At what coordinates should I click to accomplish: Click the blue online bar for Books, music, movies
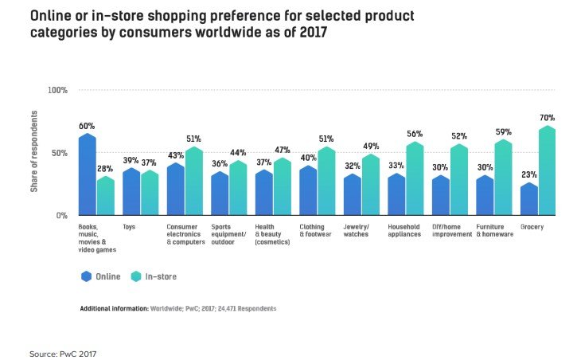(x=88, y=174)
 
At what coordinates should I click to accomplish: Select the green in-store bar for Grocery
(x=548, y=170)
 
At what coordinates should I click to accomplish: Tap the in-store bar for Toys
(x=150, y=193)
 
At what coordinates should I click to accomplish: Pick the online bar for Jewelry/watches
(x=352, y=194)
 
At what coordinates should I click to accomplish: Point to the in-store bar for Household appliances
(x=415, y=178)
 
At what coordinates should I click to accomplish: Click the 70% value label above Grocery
(x=548, y=118)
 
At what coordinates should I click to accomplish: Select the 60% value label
(x=87, y=127)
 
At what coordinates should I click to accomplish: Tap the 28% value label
(x=105, y=169)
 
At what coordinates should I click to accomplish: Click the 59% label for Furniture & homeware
(x=504, y=131)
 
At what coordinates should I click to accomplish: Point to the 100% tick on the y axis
(x=58, y=90)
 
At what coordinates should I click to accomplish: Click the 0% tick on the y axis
(x=62, y=215)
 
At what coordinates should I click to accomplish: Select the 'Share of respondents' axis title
(x=34, y=151)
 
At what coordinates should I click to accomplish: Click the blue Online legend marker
(x=86, y=276)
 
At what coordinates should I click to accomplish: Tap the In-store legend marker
(x=136, y=276)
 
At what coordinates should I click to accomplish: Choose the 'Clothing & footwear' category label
(x=315, y=230)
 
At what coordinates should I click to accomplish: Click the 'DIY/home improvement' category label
(x=452, y=230)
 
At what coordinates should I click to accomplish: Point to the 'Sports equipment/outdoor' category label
(x=228, y=234)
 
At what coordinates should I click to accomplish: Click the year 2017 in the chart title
(x=313, y=33)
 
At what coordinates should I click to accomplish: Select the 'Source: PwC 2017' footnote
(x=63, y=354)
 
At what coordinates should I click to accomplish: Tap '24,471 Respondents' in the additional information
(x=247, y=308)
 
